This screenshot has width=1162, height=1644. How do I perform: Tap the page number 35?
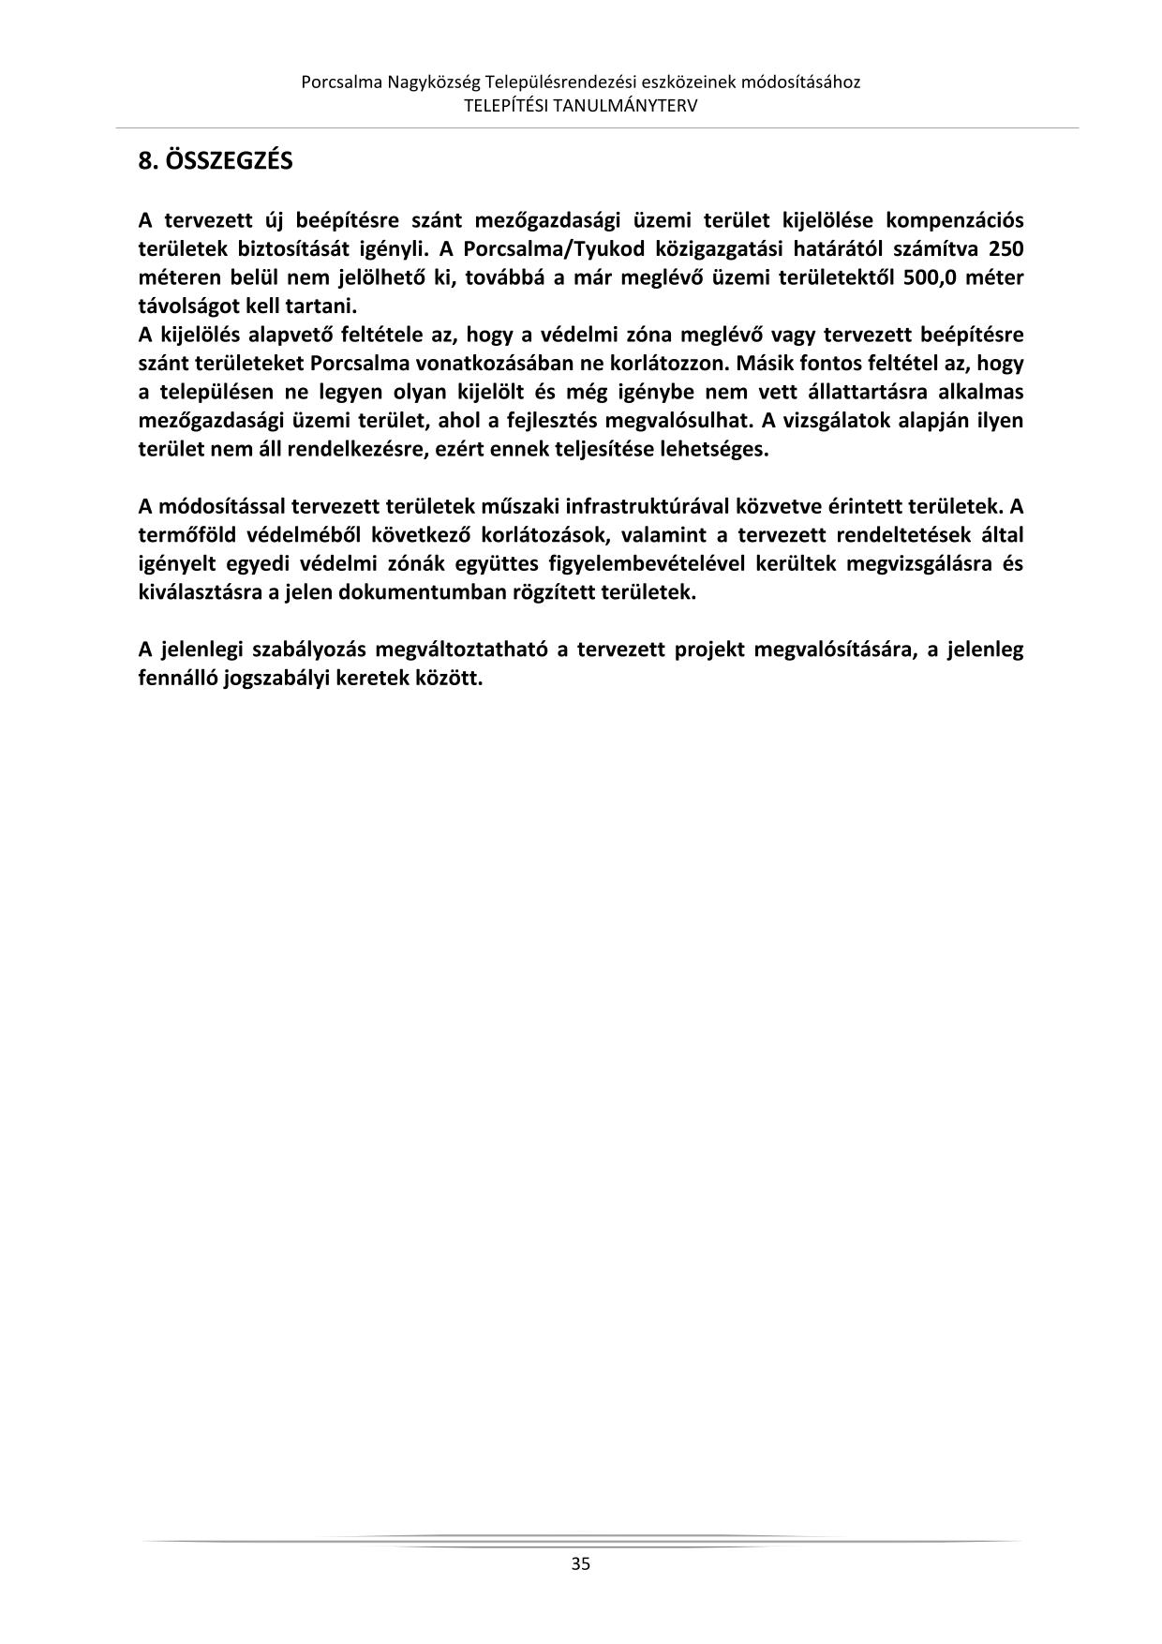(580, 1562)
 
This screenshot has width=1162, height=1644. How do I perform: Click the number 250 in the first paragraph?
(1006, 249)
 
